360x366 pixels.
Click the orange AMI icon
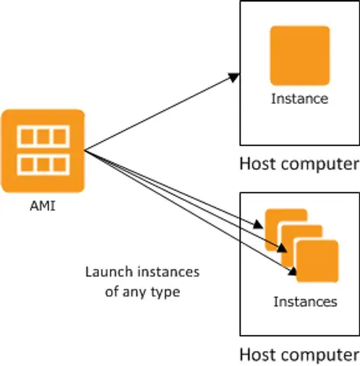point(43,151)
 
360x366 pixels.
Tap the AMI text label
point(43,207)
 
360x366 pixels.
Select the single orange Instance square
point(300,55)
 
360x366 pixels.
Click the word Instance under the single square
point(300,98)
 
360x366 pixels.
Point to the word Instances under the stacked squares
point(305,301)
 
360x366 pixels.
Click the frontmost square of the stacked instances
point(317,261)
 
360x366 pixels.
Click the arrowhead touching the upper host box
point(234,77)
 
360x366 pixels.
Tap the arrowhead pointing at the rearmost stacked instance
point(258,225)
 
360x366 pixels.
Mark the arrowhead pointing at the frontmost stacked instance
point(292,272)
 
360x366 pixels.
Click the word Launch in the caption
point(109,272)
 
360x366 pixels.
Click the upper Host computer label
point(300,164)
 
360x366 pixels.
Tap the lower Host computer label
point(300,355)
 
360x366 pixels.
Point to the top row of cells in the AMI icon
point(44,137)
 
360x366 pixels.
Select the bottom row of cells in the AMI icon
point(44,164)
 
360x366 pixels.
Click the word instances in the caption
point(169,272)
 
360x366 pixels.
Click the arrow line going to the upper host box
point(162,112)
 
